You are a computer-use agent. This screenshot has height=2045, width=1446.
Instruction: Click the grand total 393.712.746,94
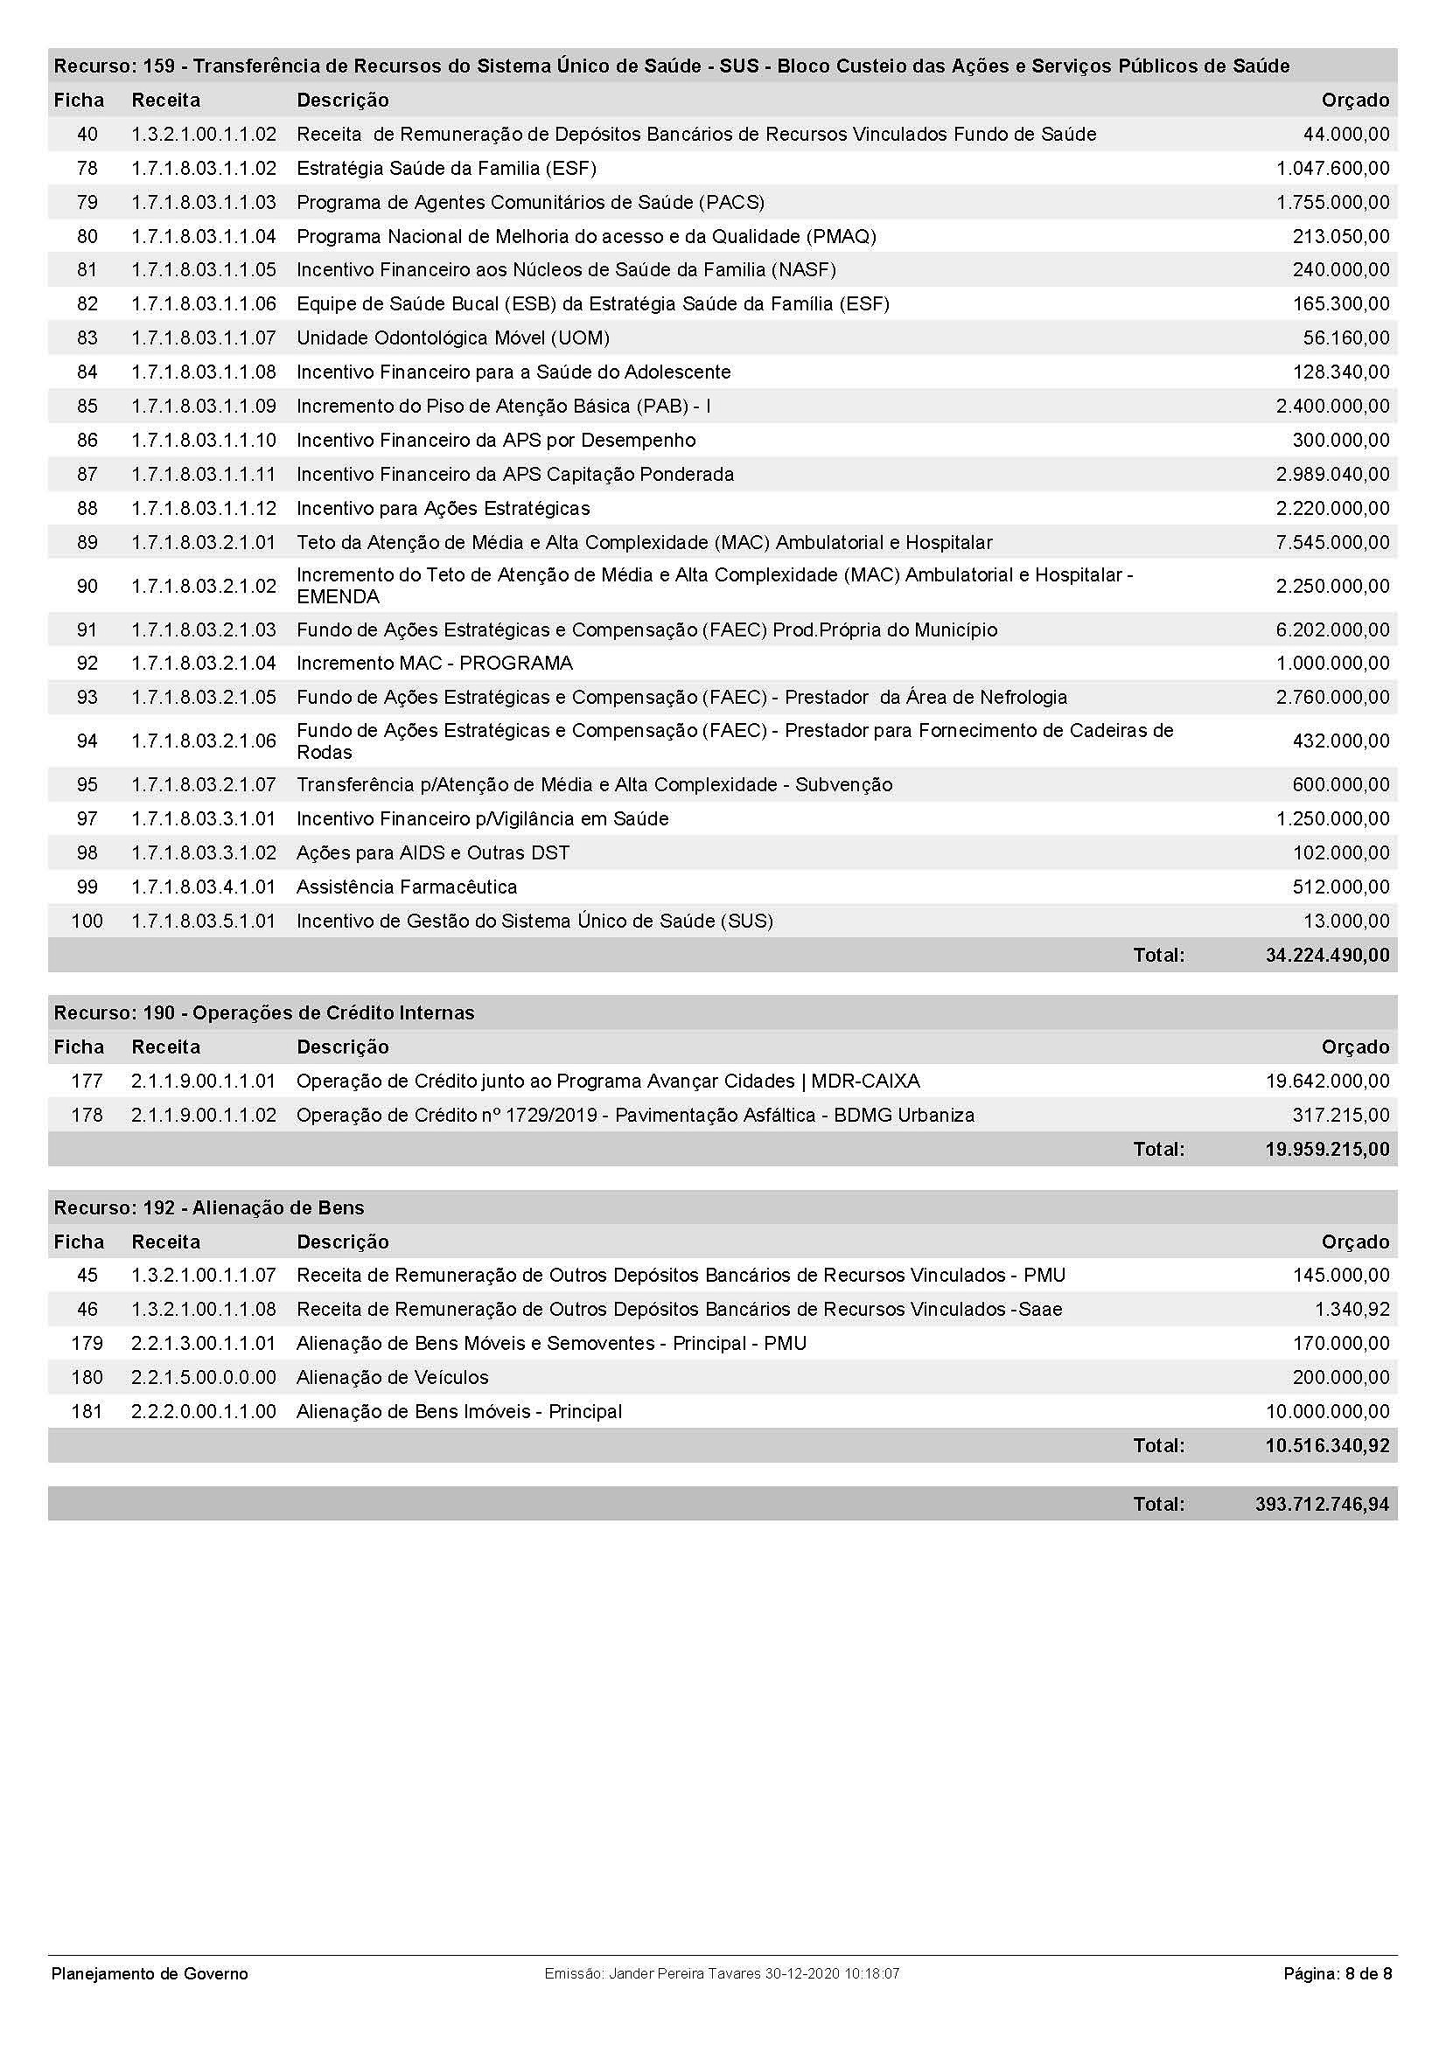pyautogui.click(x=1321, y=1505)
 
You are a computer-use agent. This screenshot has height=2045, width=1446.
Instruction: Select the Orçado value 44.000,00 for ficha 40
pyautogui.click(x=1345, y=135)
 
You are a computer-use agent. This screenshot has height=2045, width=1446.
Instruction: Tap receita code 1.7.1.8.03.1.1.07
pyautogui.click(x=204, y=337)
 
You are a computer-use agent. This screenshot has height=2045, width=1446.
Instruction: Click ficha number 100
pyautogui.click(x=87, y=921)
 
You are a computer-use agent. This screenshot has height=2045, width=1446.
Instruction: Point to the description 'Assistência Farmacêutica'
pyautogui.click(x=406, y=887)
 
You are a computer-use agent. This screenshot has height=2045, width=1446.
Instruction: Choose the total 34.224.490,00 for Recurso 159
pyautogui.click(x=1327, y=956)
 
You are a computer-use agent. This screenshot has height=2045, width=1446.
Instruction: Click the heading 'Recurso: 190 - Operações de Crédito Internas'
pyautogui.click(x=263, y=1012)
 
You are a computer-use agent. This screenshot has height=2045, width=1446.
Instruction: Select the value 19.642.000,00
pyautogui.click(x=1327, y=1082)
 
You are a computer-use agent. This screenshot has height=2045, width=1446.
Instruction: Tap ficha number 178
pyautogui.click(x=87, y=1115)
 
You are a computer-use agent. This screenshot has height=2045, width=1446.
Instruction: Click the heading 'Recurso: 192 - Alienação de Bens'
pyautogui.click(x=208, y=1207)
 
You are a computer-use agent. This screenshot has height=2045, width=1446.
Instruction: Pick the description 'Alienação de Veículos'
pyautogui.click(x=392, y=1377)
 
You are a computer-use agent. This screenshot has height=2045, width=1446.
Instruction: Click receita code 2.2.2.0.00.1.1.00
pyautogui.click(x=204, y=1411)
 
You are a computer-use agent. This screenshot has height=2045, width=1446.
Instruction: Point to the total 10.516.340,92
pyautogui.click(x=1327, y=1445)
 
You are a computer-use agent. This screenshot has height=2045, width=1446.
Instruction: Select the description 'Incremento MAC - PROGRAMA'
pyautogui.click(x=434, y=663)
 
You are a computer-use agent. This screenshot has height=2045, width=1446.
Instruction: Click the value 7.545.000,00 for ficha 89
pyautogui.click(x=1332, y=542)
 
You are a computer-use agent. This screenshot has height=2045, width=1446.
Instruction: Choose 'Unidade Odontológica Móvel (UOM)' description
pyautogui.click(x=452, y=337)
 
